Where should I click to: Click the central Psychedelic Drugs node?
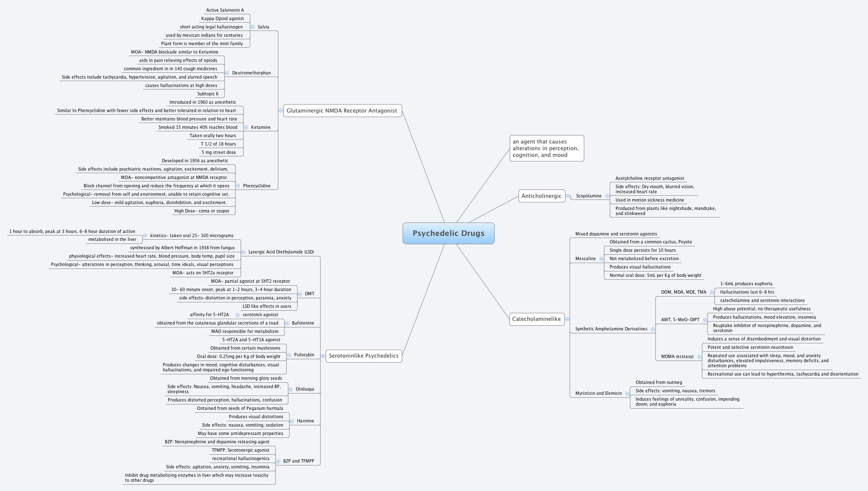point(448,233)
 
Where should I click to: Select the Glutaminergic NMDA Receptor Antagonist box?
point(342,111)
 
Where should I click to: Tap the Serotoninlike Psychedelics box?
point(363,356)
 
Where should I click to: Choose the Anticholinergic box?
point(541,196)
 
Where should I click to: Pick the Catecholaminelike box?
point(536,319)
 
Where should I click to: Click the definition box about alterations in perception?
point(546,148)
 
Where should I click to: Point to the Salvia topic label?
point(263,27)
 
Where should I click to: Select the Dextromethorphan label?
point(251,73)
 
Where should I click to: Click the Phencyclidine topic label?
point(257,186)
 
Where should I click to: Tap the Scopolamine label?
point(588,196)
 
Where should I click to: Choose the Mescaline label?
point(585,259)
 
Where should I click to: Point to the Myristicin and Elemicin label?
point(598,394)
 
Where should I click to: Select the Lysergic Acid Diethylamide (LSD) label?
point(281,252)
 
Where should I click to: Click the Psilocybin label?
point(304,355)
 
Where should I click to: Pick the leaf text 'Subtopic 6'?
point(208,94)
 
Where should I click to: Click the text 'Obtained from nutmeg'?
point(658,383)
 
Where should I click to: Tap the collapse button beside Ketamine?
point(246,128)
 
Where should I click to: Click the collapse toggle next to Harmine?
point(292,421)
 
